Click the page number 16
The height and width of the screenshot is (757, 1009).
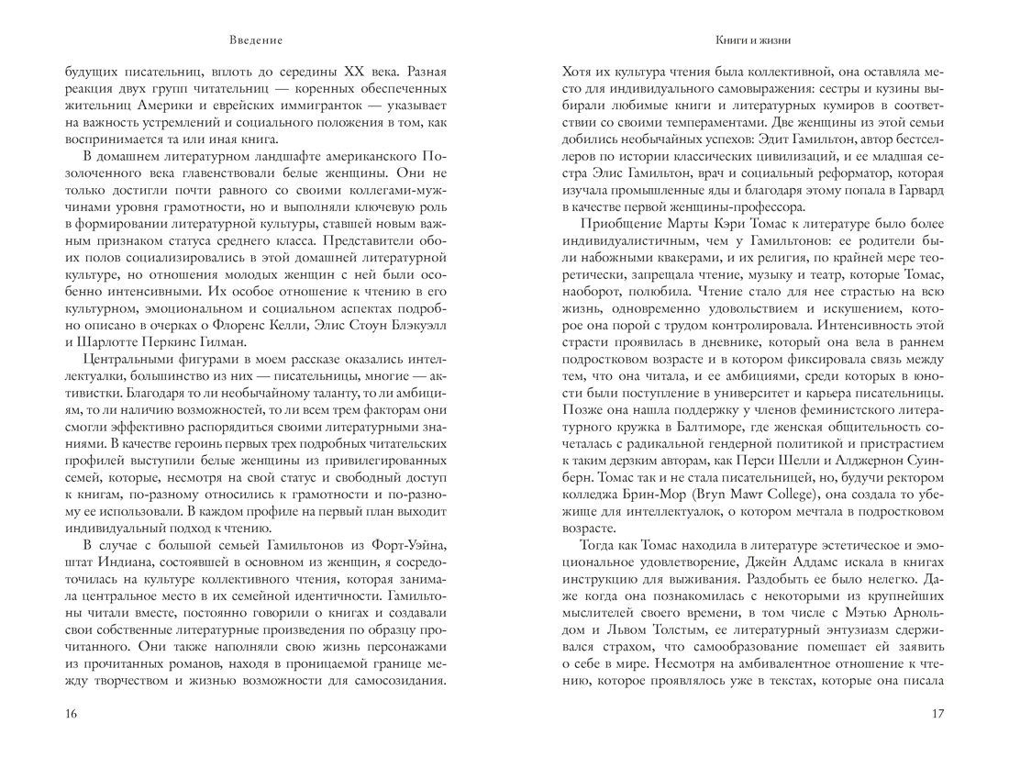coord(72,714)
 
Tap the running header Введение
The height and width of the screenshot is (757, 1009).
coord(257,40)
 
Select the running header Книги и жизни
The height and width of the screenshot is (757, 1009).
coord(752,40)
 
